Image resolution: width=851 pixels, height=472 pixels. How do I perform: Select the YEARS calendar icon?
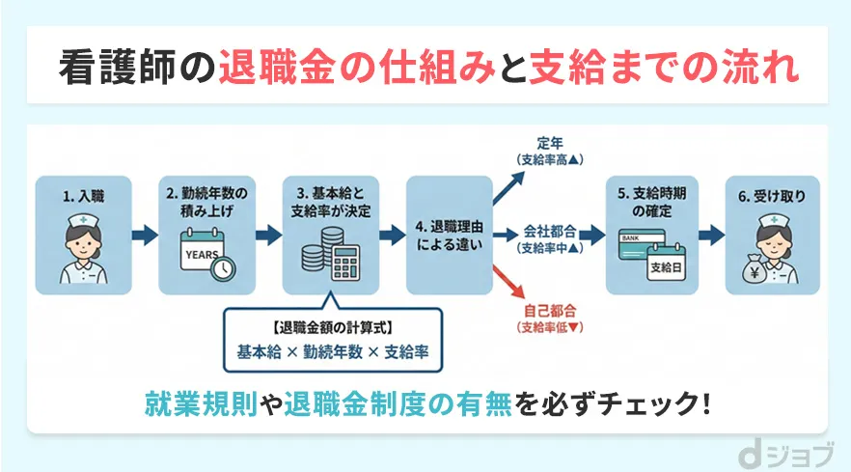tap(205, 254)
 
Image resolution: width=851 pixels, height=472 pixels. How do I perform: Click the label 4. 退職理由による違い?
tap(451, 235)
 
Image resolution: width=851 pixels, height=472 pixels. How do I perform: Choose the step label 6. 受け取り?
tap(773, 197)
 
